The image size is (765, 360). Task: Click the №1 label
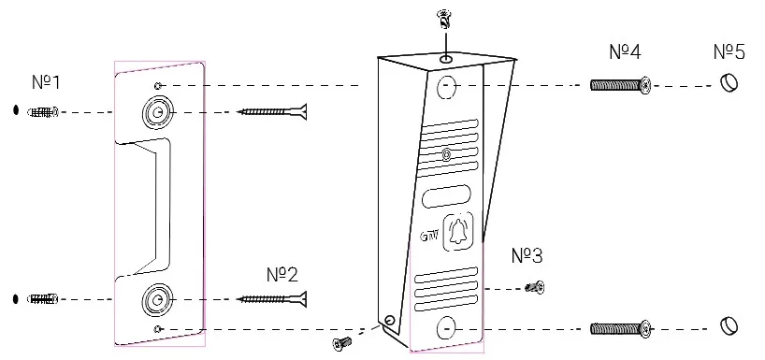pos(46,82)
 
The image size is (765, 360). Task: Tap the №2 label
pos(282,275)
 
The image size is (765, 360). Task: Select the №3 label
pos(527,255)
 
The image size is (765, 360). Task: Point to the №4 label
pos(625,51)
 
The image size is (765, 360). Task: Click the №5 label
pos(729,51)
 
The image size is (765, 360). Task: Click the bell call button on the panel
pos(457,231)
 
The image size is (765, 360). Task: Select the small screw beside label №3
pos(535,287)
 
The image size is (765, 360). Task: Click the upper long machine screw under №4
pos(621,85)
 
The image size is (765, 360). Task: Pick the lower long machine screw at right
pos(621,329)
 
